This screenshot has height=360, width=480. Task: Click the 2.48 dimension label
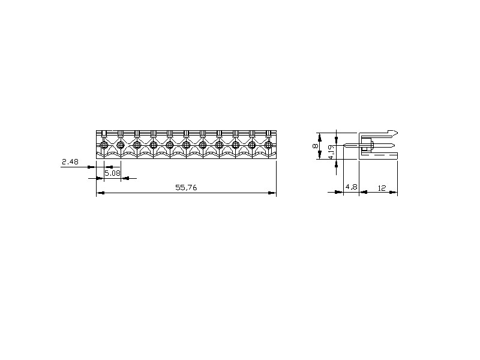pyautogui.click(x=70, y=161)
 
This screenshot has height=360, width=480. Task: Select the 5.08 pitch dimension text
pyautogui.click(x=112, y=173)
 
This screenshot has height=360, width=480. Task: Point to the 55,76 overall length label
pyautogui.click(x=186, y=188)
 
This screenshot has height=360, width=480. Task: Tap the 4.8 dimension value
pyautogui.click(x=351, y=187)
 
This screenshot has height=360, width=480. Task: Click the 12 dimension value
pyautogui.click(x=382, y=188)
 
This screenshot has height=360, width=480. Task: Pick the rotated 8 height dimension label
pyautogui.click(x=315, y=146)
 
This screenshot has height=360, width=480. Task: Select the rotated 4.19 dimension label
pyautogui.click(x=331, y=152)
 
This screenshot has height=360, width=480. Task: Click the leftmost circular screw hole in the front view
pyautogui.click(x=104, y=144)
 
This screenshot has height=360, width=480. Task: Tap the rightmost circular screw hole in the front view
pyautogui.click(x=268, y=144)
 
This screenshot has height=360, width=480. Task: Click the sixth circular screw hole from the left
pyautogui.click(x=186, y=144)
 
